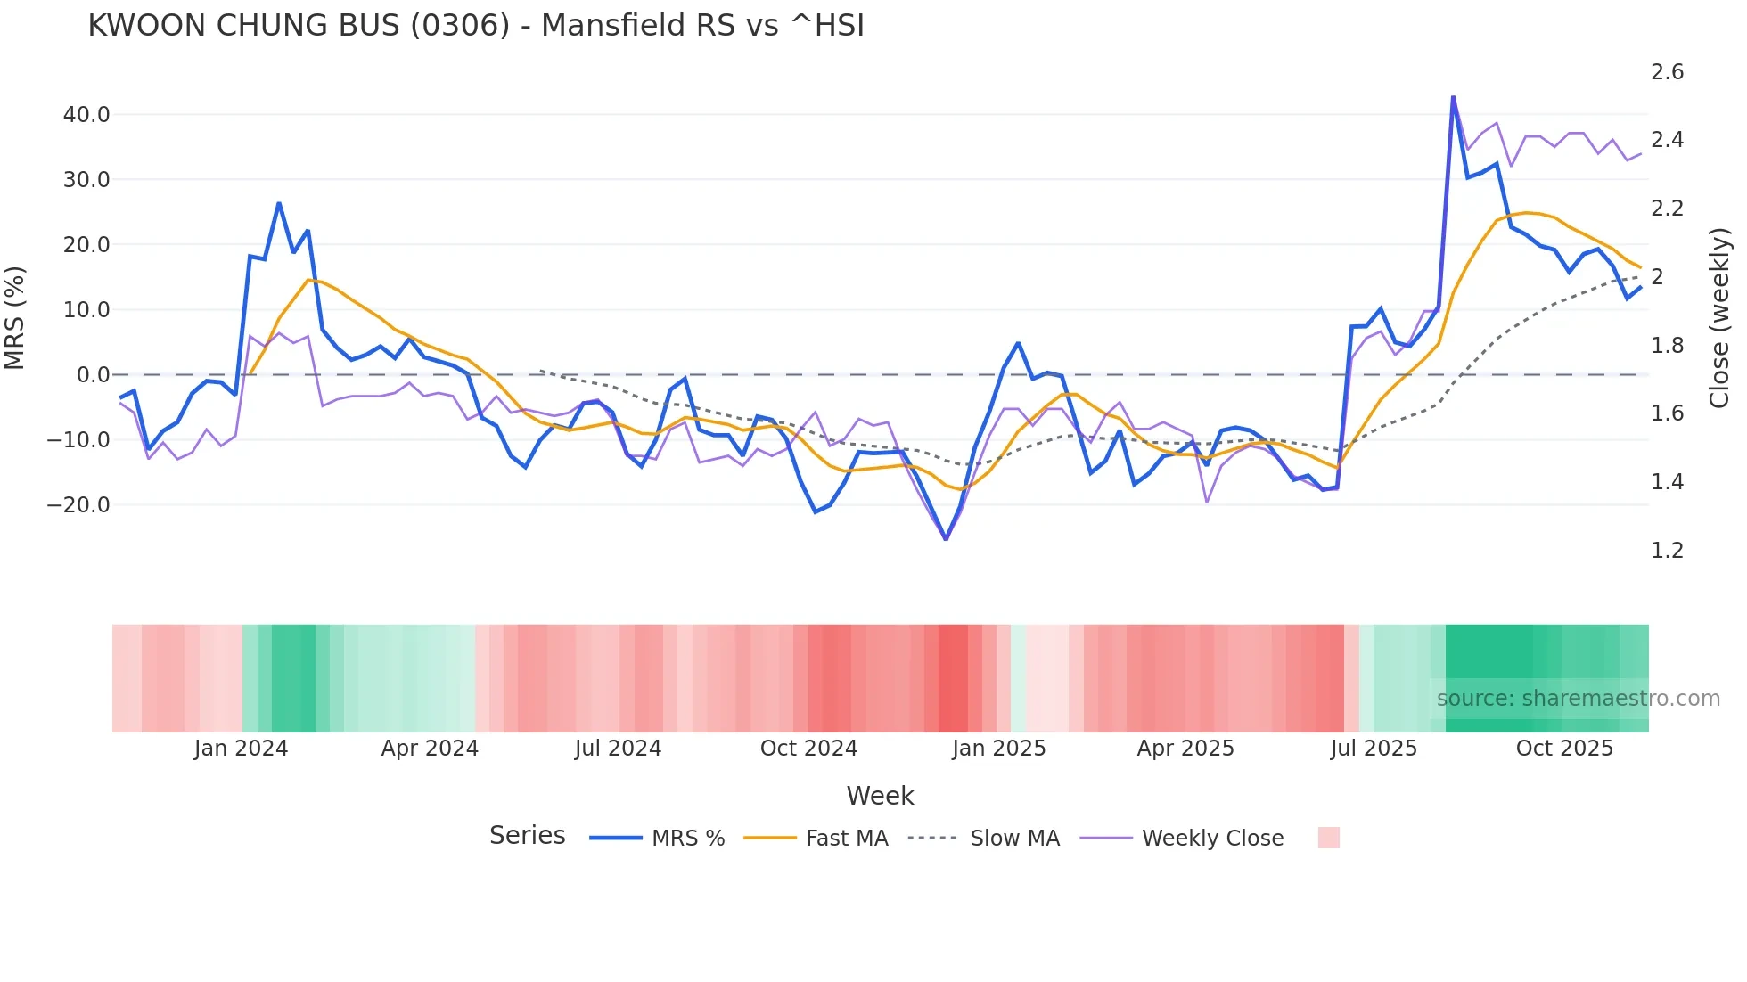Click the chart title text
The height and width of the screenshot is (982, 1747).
[476, 26]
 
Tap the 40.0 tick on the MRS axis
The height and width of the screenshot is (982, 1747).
[86, 115]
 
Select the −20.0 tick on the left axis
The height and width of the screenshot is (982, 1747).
[78, 505]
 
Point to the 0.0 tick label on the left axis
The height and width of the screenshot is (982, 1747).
[93, 375]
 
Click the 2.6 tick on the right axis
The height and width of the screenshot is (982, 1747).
[1667, 72]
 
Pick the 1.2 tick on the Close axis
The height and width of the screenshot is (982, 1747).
[1667, 551]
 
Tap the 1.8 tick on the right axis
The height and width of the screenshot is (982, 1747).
[1667, 346]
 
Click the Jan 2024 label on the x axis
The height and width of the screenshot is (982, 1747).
[241, 749]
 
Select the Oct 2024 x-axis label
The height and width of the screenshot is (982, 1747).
[808, 749]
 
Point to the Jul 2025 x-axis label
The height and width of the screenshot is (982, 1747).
[1374, 749]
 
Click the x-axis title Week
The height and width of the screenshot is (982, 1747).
[880, 796]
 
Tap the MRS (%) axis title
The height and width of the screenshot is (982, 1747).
[15, 317]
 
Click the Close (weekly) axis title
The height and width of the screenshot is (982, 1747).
[1719, 317]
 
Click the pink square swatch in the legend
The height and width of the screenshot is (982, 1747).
[1328, 838]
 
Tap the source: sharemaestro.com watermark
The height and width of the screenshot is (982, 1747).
[1578, 699]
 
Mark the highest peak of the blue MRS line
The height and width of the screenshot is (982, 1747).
[1453, 97]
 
